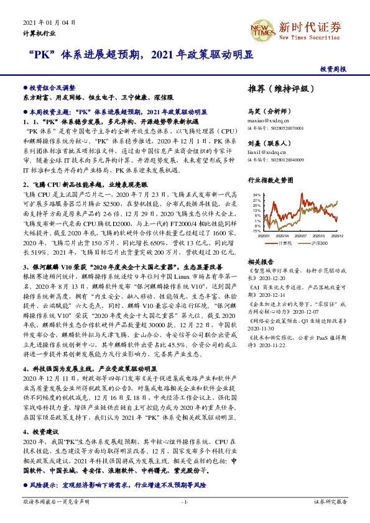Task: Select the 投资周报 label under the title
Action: (333, 69)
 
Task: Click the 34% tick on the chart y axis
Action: (256, 195)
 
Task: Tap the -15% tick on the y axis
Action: (256, 231)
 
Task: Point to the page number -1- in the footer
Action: (185, 501)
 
